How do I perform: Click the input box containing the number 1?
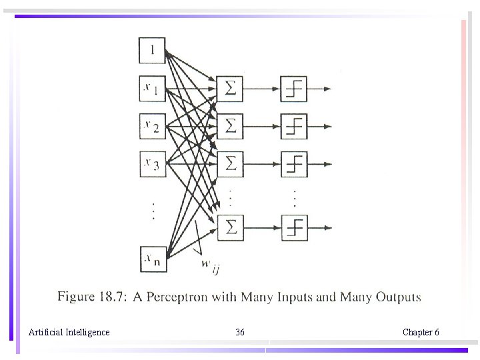[152, 50]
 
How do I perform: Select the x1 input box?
[152, 88]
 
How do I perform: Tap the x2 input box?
[152, 125]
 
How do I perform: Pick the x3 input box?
[152, 163]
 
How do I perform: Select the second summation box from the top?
[231, 125]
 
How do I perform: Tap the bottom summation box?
[231, 227]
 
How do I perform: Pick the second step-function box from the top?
[294, 125]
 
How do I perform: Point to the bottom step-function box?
[294, 227]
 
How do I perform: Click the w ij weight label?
[211, 265]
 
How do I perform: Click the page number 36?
[240, 332]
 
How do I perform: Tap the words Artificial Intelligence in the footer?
[69, 332]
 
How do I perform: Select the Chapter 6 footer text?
[421, 332]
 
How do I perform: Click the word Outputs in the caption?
[398, 297]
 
